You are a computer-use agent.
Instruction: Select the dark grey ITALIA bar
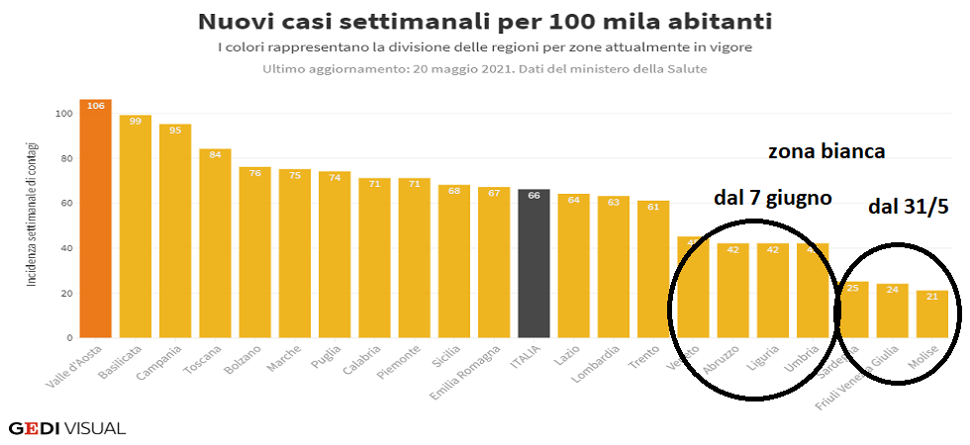[533, 263]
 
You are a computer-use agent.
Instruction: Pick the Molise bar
[931, 313]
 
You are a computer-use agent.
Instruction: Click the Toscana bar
[215, 242]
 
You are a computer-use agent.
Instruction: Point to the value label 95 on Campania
[175, 130]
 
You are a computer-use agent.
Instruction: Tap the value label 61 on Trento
[653, 207]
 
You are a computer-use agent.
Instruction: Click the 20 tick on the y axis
[66, 294]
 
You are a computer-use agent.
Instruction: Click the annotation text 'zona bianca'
[826, 151]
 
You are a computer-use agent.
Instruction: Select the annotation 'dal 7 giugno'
[772, 199]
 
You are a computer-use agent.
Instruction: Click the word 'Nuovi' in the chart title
[242, 22]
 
